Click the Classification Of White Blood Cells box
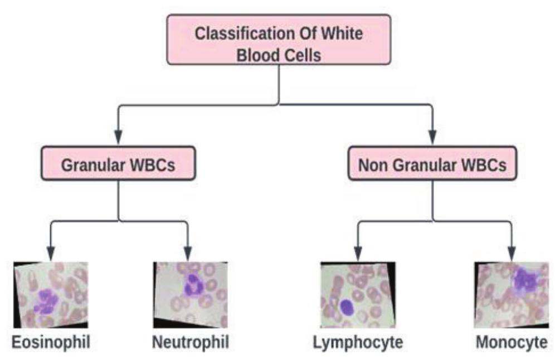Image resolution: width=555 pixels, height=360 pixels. coord(279,43)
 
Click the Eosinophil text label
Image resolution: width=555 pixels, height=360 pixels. coord(52,342)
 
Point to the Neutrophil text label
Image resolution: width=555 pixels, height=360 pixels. coord(191,342)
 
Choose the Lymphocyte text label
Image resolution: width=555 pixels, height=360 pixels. coord(357,342)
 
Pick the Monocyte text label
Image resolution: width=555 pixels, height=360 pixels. coord(511,342)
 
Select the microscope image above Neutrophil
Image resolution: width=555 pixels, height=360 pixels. coord(190,294)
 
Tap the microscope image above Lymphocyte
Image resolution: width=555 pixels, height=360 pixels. coord(357,294)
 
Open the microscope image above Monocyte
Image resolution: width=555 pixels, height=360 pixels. coord(511,294)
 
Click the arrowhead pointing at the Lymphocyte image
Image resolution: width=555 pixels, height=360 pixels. coord(357,253)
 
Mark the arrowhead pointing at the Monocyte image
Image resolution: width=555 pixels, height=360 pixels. coord(511,253)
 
